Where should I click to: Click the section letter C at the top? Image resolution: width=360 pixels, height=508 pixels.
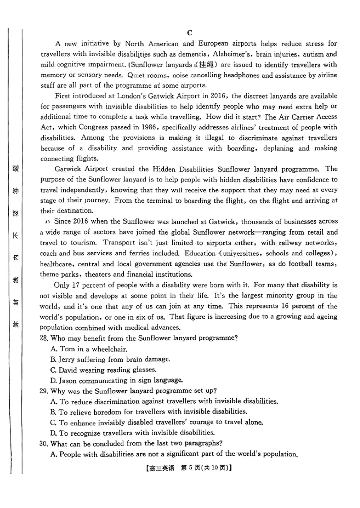tap(189, 32)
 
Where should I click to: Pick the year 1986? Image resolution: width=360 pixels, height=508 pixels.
tap(145, 127)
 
